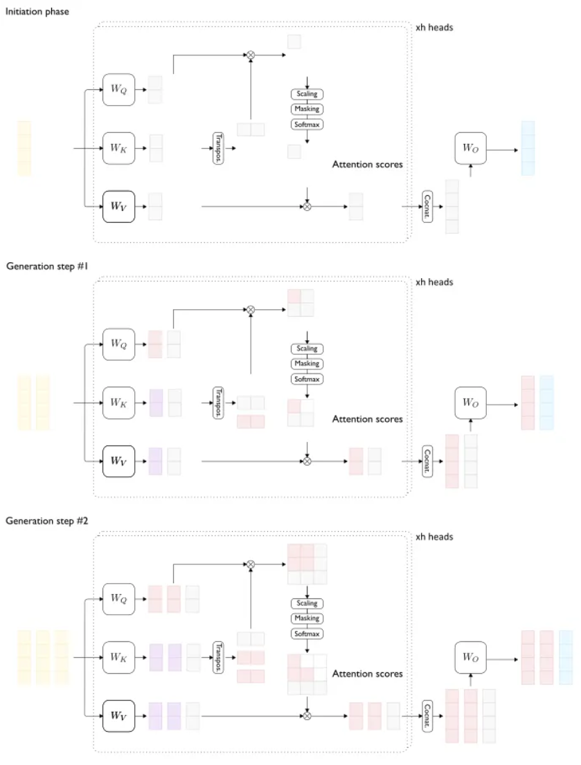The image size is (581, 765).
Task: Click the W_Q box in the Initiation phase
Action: tap(118, 90)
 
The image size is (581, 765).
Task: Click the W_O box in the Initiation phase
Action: tap(471, 149)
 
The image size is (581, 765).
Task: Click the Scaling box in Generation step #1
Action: tap(306, 349)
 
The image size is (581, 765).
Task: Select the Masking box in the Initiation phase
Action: tap(306, 109)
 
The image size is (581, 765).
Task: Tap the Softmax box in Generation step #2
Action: tap(306, 634)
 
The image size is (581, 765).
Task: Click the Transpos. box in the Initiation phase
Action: tap(219, 147)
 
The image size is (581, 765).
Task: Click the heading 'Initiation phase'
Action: tap(37, 12)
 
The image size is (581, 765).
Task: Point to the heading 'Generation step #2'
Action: tap(42, 520)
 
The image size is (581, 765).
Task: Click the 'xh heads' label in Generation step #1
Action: tap(434, 282)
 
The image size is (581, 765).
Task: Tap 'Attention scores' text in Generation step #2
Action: tap(367, 673)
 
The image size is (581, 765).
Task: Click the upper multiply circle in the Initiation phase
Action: tap(251, 53)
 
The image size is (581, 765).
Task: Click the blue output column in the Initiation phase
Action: tap(528, 147)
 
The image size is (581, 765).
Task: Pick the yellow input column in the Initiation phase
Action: tap(24, 148)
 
